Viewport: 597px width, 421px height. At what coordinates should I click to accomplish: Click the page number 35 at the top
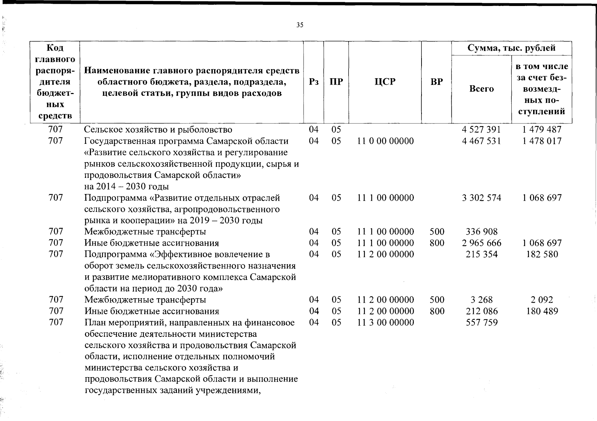click(300, 25)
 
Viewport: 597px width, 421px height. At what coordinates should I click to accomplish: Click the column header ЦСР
click(385, 82)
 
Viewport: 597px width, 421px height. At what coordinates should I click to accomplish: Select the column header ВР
click(437, 82)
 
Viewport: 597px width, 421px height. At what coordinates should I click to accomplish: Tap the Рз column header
click(314, 82)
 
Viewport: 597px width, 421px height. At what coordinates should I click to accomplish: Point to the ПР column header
click(336, 82)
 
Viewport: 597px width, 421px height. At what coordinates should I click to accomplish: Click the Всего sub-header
click(482, 89)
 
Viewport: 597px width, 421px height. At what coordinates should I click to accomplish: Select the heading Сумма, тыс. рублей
click(511, 48)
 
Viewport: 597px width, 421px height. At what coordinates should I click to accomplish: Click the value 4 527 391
click(481, 129)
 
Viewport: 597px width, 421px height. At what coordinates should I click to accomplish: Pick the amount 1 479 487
click(542, 129)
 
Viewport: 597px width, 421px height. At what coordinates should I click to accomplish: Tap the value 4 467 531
click(481, 141)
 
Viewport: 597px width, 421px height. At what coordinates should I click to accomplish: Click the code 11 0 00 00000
click(385, 141)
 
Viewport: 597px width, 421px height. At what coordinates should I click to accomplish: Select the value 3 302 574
click(482, 198)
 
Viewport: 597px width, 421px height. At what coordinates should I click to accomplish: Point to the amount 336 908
click(482, 232)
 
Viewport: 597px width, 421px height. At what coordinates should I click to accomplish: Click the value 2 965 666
click(482, 243)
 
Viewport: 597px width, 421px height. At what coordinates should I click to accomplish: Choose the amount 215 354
click(482, 254)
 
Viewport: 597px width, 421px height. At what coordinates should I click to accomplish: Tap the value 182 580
click(542, 254)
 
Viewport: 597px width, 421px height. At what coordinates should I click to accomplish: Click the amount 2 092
click(542, 300)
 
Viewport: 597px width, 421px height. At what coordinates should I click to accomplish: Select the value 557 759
click(482, 322)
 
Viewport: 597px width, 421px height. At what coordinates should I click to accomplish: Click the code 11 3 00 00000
click(385, 322)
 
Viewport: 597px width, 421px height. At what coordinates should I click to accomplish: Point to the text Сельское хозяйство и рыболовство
click(158, 130)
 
